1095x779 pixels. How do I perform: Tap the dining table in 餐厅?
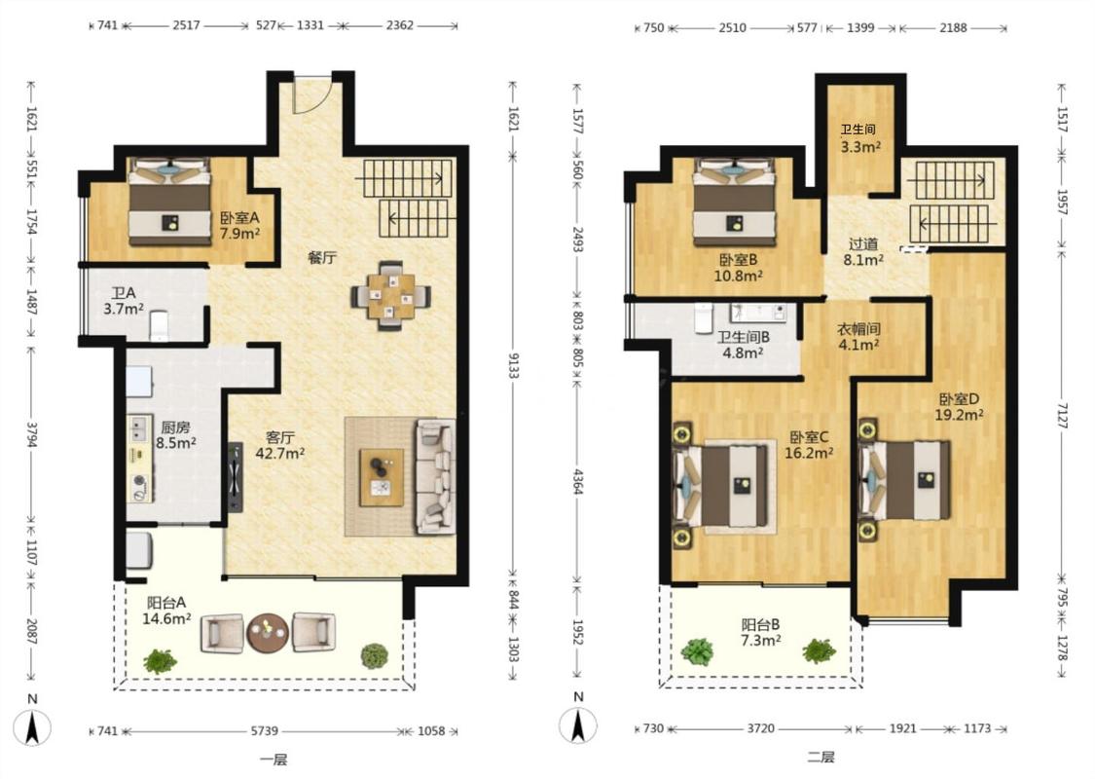(390, 295)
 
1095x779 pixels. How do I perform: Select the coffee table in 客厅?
(382, 477)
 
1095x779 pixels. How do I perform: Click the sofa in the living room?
(434, 476)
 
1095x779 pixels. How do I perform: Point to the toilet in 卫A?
(160, 325)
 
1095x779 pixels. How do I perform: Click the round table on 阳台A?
(268, 633)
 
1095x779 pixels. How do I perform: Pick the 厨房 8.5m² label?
(175, 434)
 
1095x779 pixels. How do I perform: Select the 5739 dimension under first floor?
(265, 730)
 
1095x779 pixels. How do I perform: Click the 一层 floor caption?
(274, 760)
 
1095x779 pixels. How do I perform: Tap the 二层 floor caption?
(821, 757)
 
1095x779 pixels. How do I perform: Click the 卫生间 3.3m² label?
(859, 138)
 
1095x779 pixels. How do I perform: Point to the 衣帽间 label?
(858, 328)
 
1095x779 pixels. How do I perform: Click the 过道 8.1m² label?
(863, 252)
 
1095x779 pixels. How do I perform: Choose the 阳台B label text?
(760, 624)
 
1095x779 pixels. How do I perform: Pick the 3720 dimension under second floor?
(760, 728)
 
